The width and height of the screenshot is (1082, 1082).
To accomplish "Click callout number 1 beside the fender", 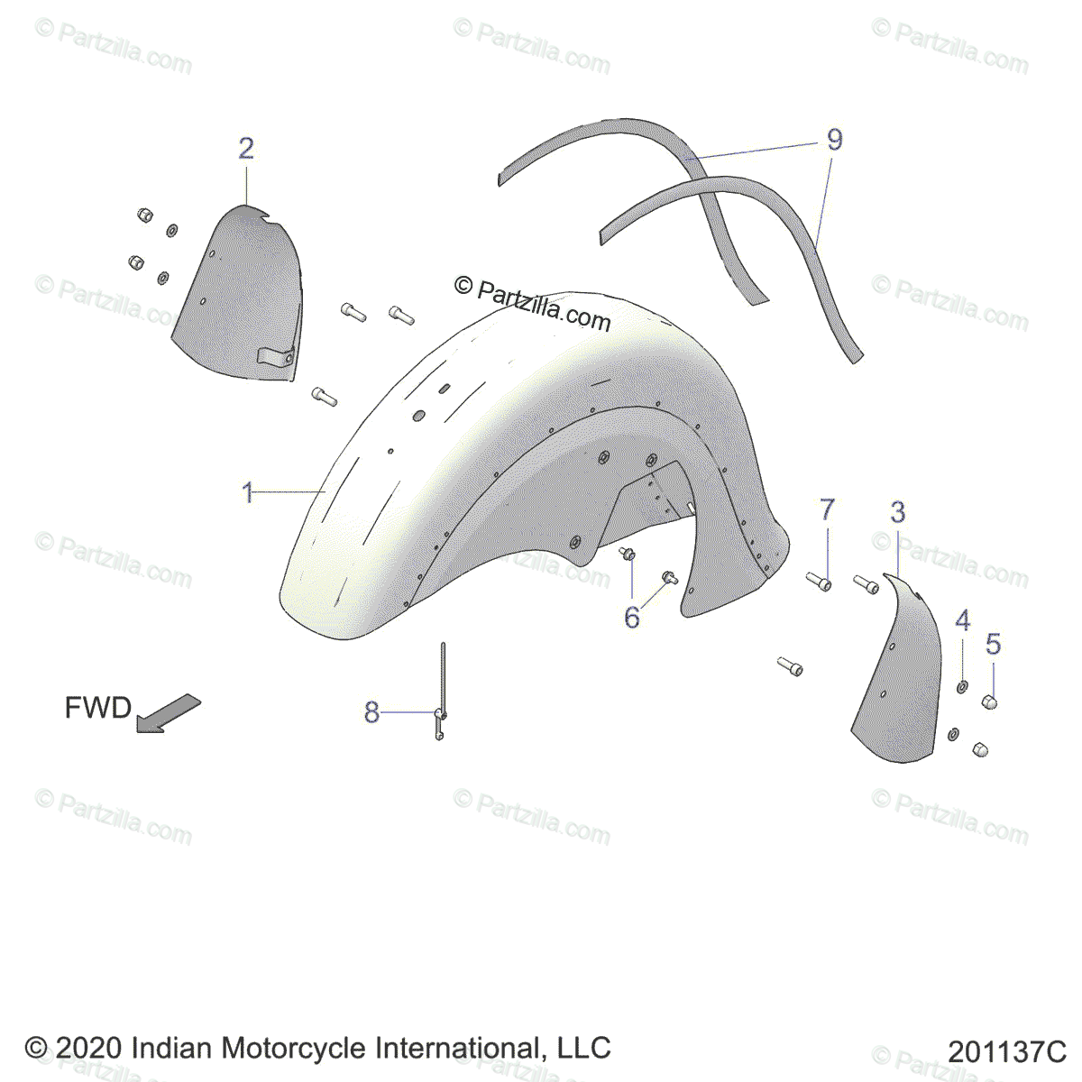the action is tap(247, 493).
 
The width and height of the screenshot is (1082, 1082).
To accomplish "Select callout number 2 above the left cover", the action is tap(246, 149).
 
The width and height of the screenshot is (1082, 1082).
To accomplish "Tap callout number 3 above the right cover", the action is tap(897, 512).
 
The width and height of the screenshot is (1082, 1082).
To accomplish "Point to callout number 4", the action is tap(963, 620).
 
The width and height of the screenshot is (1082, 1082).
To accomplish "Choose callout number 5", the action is tap(993, 644).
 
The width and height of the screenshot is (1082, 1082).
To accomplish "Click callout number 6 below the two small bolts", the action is tap(632, 619).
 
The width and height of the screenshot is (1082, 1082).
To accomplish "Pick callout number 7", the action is tap(828, 510).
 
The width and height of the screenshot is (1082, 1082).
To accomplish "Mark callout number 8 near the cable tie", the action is tap(371, 712).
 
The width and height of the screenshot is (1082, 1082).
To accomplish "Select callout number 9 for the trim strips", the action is tap(834, 140).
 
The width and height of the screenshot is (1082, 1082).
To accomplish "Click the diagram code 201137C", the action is tap(1006, 1051).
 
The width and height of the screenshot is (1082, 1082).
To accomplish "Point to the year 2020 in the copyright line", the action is tap(89, 1048).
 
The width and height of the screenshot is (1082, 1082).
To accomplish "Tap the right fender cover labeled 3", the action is tap(897, 676).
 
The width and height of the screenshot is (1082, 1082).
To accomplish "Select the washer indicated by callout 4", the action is tap(962, 688).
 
